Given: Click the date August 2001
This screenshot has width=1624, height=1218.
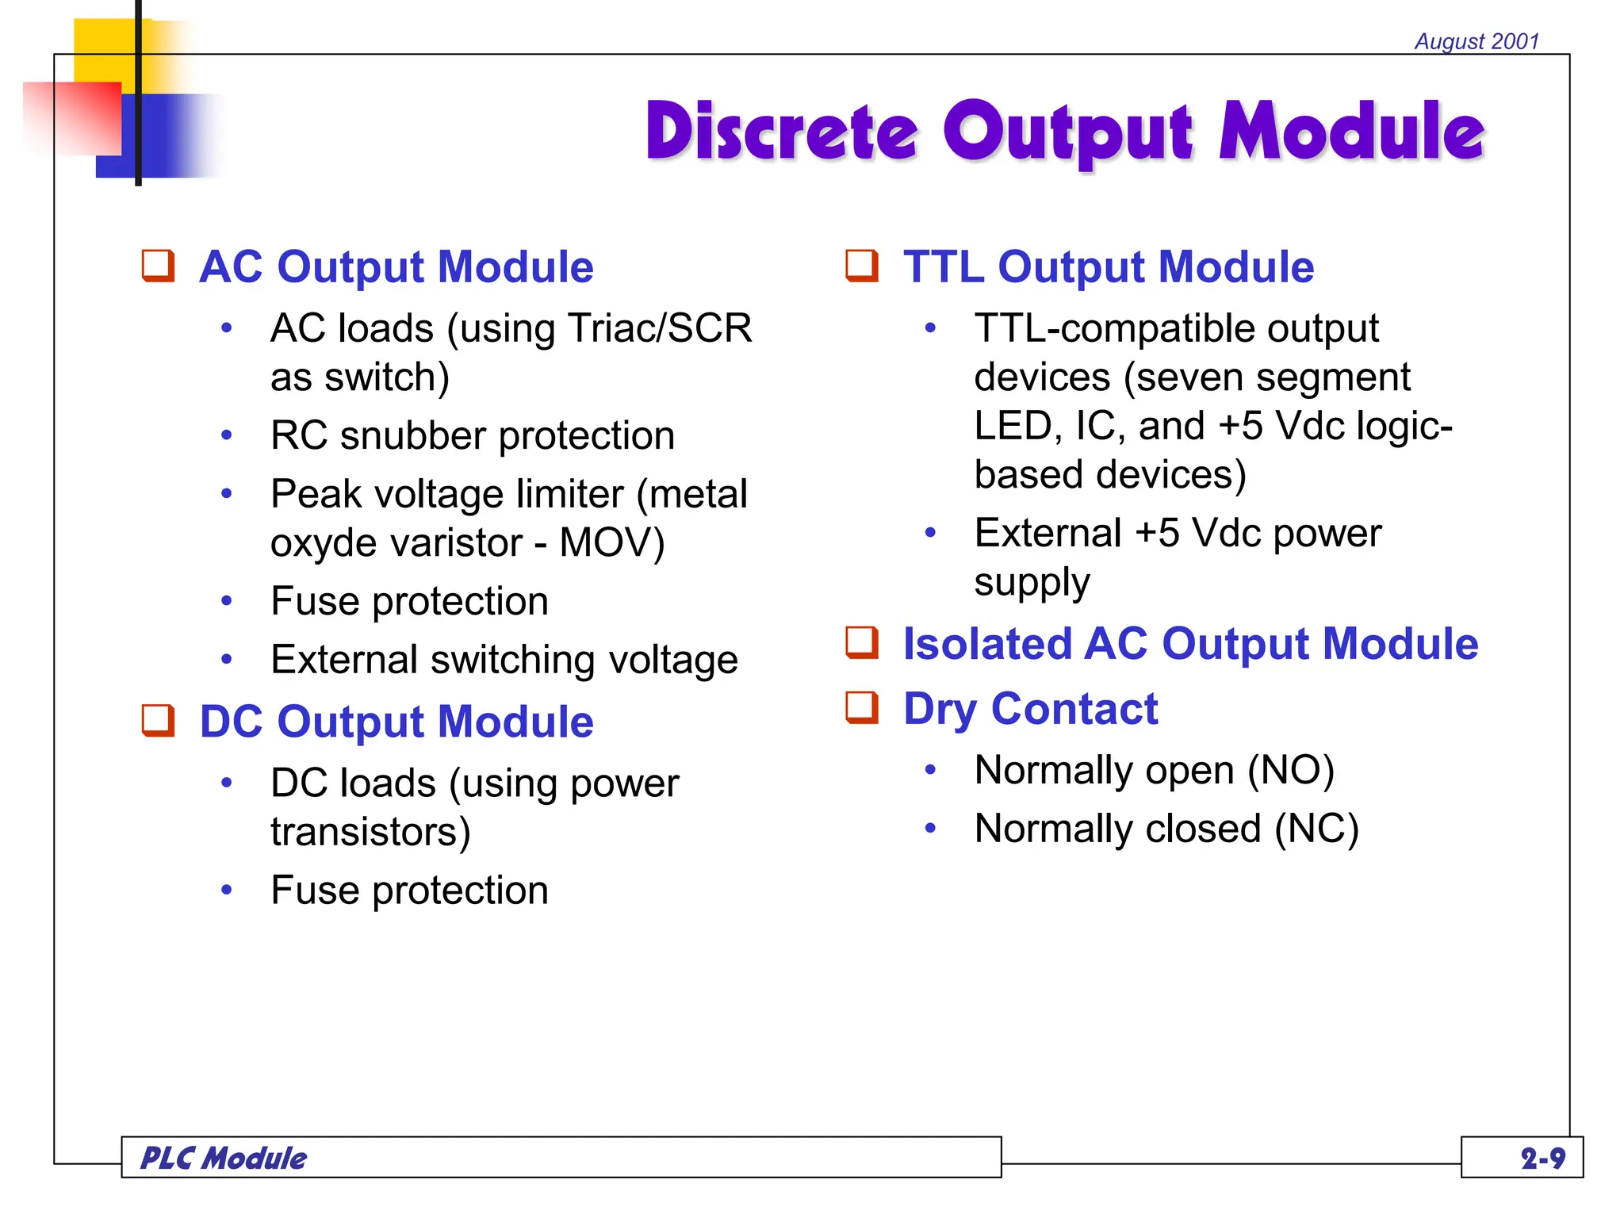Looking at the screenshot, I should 1477,41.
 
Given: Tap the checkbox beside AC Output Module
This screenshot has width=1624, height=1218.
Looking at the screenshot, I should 158,266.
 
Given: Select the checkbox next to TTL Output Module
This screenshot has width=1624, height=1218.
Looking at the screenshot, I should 862,266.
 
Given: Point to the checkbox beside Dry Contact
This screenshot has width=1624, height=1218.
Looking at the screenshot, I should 862,707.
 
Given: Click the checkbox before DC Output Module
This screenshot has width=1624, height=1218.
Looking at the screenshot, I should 158,721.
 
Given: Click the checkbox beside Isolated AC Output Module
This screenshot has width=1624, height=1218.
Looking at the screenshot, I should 862,642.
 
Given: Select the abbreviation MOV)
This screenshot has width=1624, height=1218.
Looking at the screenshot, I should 611,543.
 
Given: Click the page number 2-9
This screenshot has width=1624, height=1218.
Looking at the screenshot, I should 1542,1159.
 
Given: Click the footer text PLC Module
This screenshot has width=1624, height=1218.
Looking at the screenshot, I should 224,1159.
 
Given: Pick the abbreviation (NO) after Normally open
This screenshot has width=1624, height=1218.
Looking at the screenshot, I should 1291,770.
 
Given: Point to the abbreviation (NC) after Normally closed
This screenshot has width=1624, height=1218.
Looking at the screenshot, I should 1316,829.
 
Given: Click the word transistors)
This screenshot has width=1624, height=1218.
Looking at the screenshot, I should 370,832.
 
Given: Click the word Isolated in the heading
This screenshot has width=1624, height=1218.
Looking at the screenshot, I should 986,643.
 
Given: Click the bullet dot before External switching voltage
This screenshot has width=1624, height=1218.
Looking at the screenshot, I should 227,660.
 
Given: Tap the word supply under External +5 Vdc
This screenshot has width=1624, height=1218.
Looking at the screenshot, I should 1032,583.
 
